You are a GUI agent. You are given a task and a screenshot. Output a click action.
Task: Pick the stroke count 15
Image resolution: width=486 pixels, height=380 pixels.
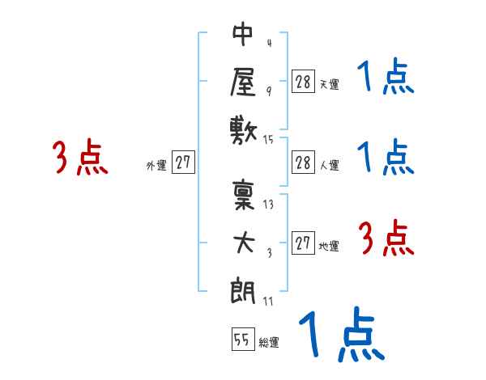click(269, 140)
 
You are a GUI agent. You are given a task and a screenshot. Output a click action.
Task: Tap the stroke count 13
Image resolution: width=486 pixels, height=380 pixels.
click(269, 205)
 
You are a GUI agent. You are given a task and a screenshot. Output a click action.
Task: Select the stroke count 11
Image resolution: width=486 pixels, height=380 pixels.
click(268, 302)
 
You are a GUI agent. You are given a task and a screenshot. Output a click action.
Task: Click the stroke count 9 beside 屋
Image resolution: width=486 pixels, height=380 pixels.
click(269, 91)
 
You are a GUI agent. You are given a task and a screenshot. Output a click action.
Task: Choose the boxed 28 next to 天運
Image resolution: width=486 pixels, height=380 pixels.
click(303, 81)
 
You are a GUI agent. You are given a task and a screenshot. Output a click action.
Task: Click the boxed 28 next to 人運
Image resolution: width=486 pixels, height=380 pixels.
click(303, 162)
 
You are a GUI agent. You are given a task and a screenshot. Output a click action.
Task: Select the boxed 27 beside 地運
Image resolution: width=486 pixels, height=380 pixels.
click(303, 243)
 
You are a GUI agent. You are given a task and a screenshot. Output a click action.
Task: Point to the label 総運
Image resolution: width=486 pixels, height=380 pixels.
click(269, 343)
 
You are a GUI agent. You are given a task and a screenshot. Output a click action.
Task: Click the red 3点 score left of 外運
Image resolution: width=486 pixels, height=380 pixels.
click(80, 158)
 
